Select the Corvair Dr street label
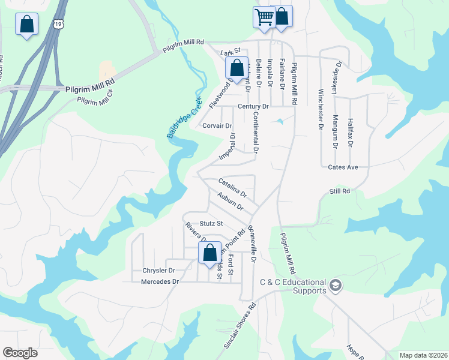click(x=217, y=126)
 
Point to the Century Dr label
click(x=253, y=106)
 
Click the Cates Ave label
click(x=343, y=167)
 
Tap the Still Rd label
click(x=339, y=191)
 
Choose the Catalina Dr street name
click(x=232, y=188)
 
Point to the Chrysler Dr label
click(x=158, y=271)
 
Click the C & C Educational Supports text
click(x=292, y=286)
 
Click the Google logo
click(x=20, y=353)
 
